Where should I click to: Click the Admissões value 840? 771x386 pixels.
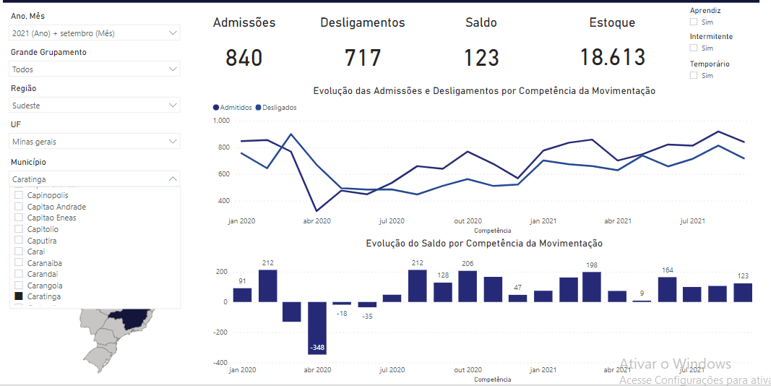244,58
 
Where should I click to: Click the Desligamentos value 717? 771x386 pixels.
362,58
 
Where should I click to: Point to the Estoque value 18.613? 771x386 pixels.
612,58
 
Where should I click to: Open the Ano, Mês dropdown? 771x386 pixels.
95,33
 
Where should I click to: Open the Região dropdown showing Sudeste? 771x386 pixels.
95,106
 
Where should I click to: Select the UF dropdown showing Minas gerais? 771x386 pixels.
95,142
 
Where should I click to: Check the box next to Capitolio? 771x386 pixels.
19,229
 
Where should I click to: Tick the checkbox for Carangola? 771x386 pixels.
19,286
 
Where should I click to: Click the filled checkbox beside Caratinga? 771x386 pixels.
19,296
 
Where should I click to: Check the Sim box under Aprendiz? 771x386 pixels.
694,22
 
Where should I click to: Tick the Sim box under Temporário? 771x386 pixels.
694,75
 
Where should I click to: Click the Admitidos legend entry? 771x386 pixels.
233,107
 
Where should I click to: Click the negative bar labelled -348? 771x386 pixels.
317,328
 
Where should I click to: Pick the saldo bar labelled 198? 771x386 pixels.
591,287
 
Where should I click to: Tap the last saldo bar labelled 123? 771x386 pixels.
743,293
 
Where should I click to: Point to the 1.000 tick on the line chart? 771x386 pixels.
220,121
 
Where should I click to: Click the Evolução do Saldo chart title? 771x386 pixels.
484,244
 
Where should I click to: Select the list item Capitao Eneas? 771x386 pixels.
51,218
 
